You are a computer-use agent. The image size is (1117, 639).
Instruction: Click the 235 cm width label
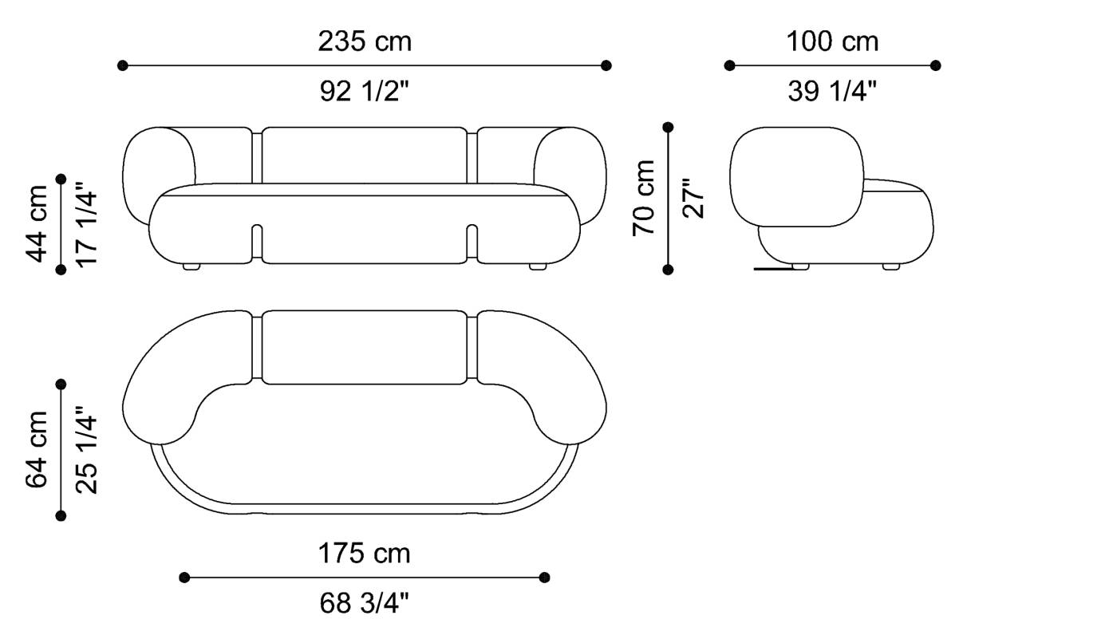(x=365, y=41)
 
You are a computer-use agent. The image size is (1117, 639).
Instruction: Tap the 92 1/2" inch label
(x=365, y=93)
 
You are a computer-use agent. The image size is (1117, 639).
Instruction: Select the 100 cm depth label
(x=832, y=41)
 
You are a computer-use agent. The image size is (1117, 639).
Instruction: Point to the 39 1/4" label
(x=832, y=93)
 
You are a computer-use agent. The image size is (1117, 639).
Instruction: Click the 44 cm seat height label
(x=38, y=223)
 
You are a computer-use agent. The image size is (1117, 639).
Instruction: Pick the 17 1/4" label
(x=86, y=227)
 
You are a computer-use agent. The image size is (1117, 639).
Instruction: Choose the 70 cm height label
(x=644, y=198)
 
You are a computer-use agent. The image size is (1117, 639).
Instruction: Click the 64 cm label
(x=38, y=450)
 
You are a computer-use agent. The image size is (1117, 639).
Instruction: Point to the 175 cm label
(x=365, y=553)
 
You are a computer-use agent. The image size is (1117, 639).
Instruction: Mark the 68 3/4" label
(x=365, y=604)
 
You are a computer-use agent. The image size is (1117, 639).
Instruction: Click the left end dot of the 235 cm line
(x=123, y=65)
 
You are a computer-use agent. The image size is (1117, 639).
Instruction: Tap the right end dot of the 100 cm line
(x=936, y=65)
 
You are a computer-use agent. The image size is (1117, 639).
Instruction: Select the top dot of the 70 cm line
(x=669, y=127)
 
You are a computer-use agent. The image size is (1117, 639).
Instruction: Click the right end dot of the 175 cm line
(x=545, y=577)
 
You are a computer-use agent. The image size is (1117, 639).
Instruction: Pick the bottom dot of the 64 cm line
(x=61, y=516)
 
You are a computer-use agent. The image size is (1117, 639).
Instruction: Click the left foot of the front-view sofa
(x=191, y=266)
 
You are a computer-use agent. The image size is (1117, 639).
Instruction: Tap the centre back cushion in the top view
(x=364, y=347)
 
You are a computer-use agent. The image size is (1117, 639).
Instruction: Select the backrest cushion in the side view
(x=796, y=176)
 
